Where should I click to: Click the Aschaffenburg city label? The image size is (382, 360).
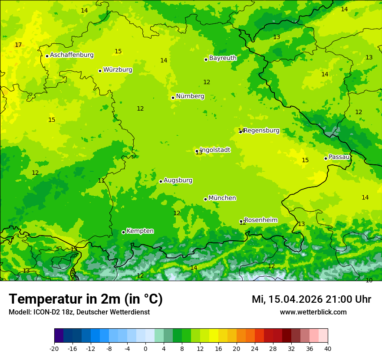[72, 55]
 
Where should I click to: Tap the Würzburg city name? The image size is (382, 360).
[118, 70]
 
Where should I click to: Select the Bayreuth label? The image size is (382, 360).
[223, 58]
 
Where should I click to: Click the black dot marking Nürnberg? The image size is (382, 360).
[173, 98]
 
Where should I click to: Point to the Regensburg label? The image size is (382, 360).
[262, 131]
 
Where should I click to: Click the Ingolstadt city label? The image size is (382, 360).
[215, 150]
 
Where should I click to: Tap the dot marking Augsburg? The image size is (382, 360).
[161, 181]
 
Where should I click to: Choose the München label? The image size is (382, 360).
[222, 198]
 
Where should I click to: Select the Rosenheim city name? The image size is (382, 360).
[260, 220]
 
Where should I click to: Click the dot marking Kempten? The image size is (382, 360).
[123, 232]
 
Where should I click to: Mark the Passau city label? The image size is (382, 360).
[339, 157]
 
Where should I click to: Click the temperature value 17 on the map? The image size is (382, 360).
[18, 45]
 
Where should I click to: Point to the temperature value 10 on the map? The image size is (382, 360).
[369, 281]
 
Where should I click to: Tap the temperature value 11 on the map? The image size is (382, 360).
[101, 181]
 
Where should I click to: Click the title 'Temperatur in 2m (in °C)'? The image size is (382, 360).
[86, 299]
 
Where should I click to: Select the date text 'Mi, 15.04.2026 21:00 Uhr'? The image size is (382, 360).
[311, 300]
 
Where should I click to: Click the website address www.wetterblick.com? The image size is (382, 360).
[313, 312]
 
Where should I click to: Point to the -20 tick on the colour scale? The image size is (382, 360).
[54, 348]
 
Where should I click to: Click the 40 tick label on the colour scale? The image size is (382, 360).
[328, 348]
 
